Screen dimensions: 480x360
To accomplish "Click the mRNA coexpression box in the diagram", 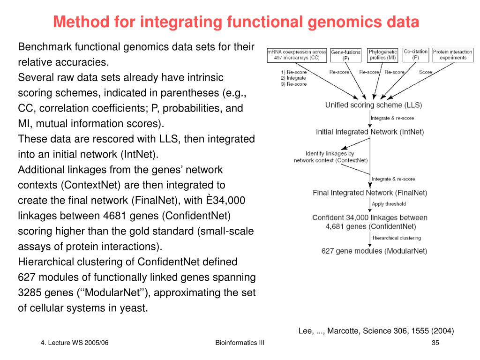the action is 297,55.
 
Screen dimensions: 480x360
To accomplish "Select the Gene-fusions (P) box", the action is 345,55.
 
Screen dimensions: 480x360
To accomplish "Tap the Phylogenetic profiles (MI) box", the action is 382,55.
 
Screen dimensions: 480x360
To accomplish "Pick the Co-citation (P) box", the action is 415,55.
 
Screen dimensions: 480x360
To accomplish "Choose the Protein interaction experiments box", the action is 453,55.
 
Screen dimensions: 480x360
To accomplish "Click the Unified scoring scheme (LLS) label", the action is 374,105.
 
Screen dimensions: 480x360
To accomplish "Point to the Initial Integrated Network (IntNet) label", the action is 370,132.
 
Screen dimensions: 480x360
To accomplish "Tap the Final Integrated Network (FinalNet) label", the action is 370,193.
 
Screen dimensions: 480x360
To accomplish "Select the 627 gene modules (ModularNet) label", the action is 374,251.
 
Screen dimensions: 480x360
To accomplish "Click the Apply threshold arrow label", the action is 389,204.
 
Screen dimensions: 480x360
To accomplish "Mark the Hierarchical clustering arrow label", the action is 397,238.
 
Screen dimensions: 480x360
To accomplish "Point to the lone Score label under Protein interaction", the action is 426,72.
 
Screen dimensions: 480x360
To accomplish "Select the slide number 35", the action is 435,343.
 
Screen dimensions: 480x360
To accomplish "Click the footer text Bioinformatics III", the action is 240,343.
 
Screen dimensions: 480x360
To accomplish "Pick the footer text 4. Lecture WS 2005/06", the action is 75,343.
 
